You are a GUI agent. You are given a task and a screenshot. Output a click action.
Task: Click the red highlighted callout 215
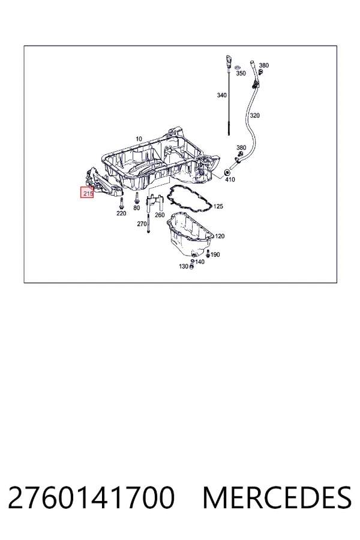pyautogui.click(x=87, y=193)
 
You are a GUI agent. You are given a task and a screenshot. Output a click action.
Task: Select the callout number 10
pyautogui.click(x=139, y=139)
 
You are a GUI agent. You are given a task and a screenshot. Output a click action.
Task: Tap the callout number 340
pyautogui.click(x=221, y=95)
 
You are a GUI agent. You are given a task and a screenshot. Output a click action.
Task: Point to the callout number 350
pyautogui.click(x=241, y=73)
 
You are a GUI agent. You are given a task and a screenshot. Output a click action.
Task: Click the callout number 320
pyautogui.click(x=254, y=115)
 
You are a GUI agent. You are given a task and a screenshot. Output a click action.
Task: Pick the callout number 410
pyautogui.click(x=230, y=179)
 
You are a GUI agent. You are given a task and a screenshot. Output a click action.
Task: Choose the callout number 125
pyautogui.click(x=218, y=206)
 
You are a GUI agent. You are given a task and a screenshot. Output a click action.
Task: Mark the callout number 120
pyautogui.click(x=220, y=236)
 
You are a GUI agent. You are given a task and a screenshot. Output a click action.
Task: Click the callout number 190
pyautogui.click(x=215, y=254)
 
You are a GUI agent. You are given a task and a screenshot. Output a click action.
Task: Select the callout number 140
pyautogui.click(x=199, y=262)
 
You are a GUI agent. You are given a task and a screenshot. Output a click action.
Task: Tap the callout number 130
pyautogui.click(x=184, y=266)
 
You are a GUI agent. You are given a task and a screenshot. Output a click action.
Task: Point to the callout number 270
pyautogui.click(x=142, y=224)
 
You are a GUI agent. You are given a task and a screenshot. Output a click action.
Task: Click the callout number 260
pyautogui.click(x=160, y=215)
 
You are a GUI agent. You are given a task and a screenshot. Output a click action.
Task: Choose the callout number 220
pyautogui.click(x=121, y=213)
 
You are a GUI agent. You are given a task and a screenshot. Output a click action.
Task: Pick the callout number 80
pyautogui.click(x=136, y=208)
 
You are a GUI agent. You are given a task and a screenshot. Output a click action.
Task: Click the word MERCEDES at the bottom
pyautogui.click(x=277, y=497)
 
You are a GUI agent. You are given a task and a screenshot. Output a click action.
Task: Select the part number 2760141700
pyautogui.click(x=91, y=497)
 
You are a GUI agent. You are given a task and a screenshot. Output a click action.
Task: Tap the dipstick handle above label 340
pyautogui.click(x=229, y=61)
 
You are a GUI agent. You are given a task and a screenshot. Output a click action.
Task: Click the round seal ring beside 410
pyautogui.click(x=227, y=172)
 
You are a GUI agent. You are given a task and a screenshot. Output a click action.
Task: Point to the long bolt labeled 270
pyautogui.click(x=148, y=223)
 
